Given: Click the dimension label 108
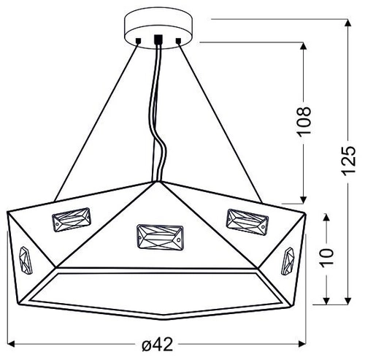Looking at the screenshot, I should point(305,121).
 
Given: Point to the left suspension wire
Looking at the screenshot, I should point(95,120).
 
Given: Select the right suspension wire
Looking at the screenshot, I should point(219,120).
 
